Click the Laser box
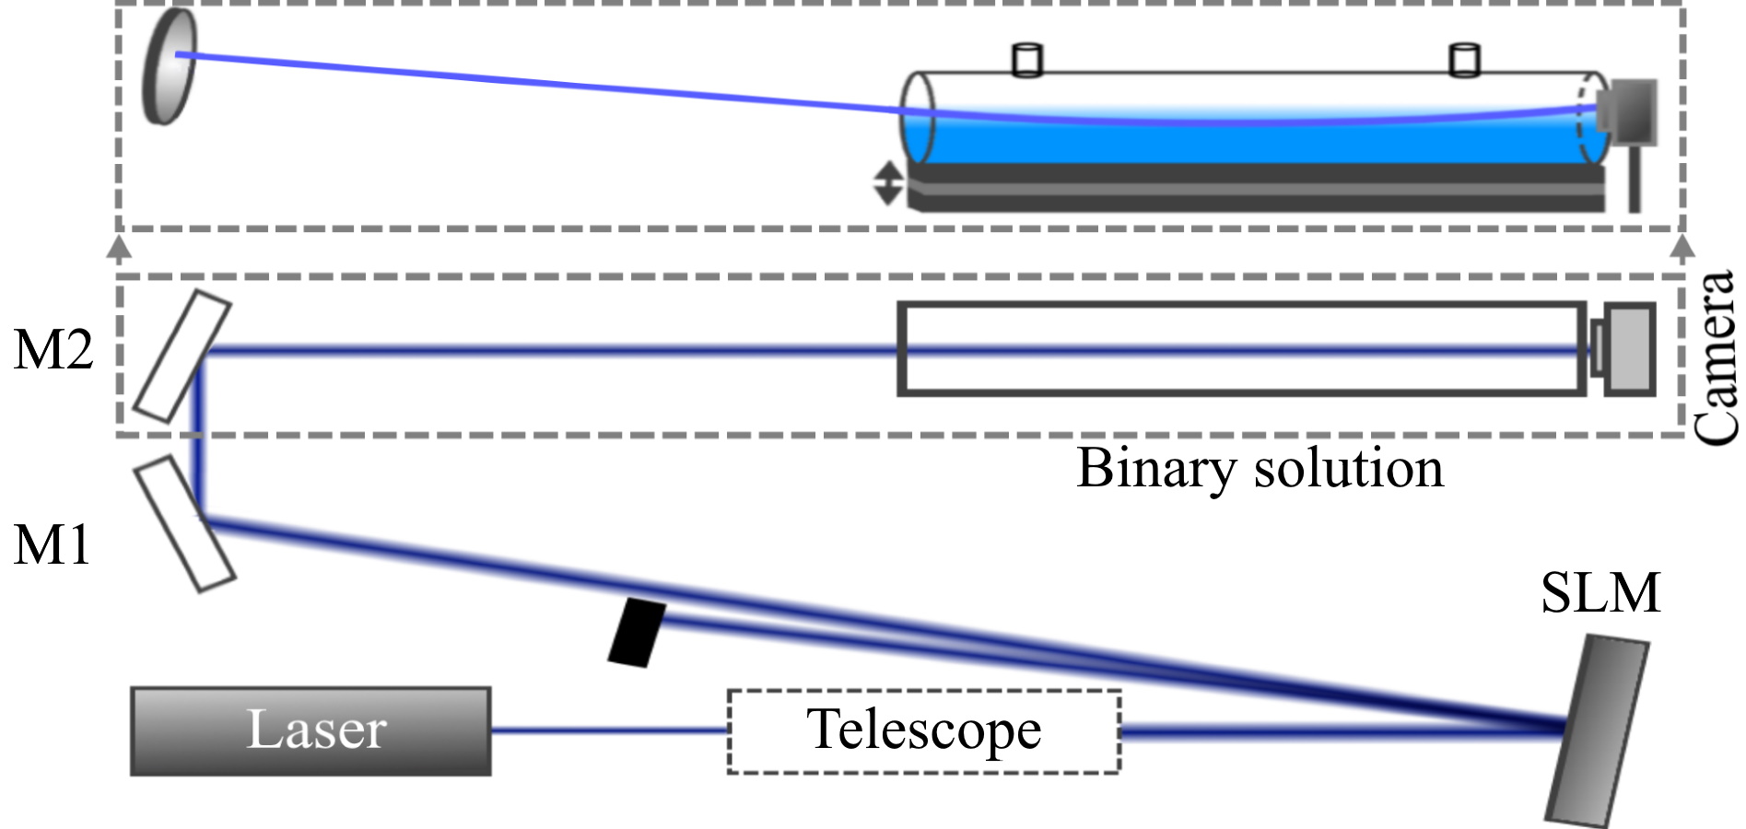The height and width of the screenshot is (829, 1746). pos(311,730)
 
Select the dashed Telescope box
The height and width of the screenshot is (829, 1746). pos(924,730)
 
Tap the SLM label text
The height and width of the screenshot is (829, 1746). pos(1600,592)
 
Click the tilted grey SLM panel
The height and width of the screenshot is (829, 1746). pos(1596,730)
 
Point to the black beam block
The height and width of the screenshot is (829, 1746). pos(637,632)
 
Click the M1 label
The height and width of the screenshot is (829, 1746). pos(53,544)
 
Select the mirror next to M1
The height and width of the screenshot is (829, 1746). pos(184,522)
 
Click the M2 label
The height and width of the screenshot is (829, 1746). pos(53,350)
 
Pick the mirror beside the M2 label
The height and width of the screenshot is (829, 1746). pos(182,356)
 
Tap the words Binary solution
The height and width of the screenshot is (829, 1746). pos(1260,468)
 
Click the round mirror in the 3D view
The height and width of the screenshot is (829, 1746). pos(170,66)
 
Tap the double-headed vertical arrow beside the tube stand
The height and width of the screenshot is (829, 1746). pos(887,182)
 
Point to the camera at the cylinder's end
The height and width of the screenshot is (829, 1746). pos(1628,111)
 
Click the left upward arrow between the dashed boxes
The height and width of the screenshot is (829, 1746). pos(120,247)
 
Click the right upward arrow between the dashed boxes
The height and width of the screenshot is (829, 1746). pos(1682,247)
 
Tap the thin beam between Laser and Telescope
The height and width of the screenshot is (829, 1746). pos(608,730)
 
